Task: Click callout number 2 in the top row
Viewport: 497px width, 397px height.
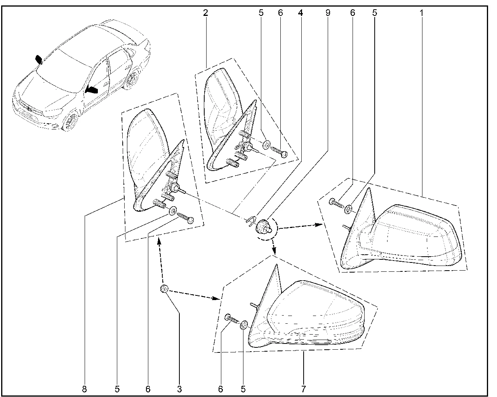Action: [205, 13]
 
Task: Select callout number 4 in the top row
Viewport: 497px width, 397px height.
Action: [300, 13]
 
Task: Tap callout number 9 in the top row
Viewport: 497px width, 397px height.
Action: [328, 13]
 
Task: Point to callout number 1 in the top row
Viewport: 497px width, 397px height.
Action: [422, 13]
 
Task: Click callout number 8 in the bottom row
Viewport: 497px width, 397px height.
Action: [85, 389]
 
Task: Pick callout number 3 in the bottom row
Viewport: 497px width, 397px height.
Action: [179, 389]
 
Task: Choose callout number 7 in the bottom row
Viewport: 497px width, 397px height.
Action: [304, 389]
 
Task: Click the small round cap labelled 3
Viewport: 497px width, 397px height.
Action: [164, 289]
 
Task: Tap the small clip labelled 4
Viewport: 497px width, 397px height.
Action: [251, 220]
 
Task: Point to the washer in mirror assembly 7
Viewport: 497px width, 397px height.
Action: [245, 325]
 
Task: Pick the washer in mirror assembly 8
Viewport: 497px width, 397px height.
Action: [173, 211]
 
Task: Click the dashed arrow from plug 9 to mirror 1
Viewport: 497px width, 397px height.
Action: [301, 226]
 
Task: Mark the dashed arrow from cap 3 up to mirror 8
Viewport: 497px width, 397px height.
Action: [161, 260]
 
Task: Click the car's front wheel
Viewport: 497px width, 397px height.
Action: [70, 121]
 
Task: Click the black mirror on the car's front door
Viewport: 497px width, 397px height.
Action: [92, 90]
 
